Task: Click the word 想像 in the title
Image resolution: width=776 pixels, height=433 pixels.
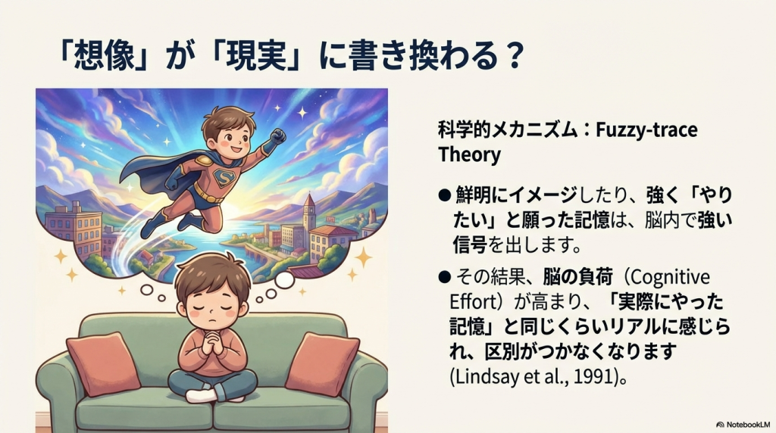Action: coord(104,55)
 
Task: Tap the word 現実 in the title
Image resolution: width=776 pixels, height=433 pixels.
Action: coord(256,55)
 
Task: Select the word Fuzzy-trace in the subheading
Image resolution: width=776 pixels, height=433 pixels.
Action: coord(646,130)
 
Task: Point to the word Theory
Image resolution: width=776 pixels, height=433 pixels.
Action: coord(469,154)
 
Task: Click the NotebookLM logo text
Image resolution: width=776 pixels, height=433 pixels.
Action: coord(744,425)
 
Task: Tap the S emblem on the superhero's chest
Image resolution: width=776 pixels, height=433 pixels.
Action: coord(224,177)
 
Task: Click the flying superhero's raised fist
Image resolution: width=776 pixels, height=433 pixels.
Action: coord(277,136)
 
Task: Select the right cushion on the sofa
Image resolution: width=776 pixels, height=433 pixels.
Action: coord(323,364)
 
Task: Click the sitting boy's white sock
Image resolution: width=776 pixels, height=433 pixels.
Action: coord(201,396)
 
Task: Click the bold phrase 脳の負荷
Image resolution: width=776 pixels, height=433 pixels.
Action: coord(578,277)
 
